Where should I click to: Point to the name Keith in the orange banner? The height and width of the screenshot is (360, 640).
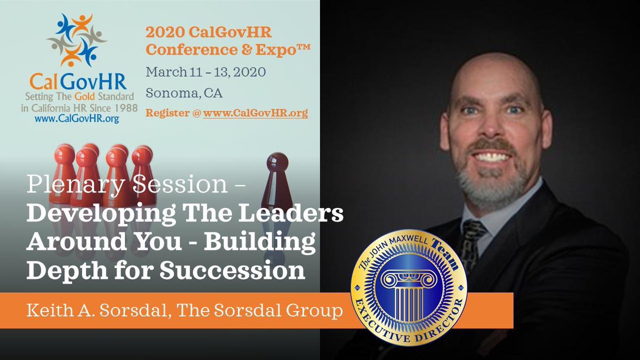(x=49, y=310)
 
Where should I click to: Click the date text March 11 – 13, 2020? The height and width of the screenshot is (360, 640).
(x=206, y=71)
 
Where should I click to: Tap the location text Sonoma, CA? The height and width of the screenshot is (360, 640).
(x=184, y=92)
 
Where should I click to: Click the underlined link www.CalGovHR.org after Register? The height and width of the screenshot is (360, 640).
(x=255, y=113)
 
